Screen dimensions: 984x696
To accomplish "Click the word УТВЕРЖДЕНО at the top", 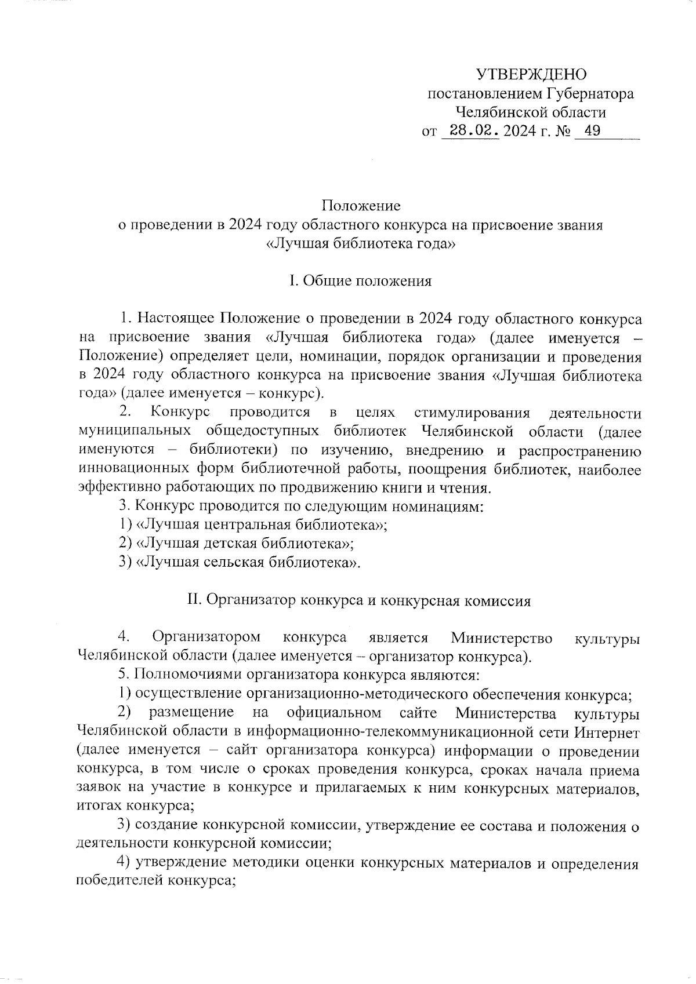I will pos(531,74).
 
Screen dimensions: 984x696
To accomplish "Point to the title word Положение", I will pos(361,206).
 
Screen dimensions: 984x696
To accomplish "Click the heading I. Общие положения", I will pos(361,281).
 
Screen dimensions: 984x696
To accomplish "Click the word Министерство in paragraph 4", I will pos(502,638).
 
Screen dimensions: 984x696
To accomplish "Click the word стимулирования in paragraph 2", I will pos(472,413).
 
